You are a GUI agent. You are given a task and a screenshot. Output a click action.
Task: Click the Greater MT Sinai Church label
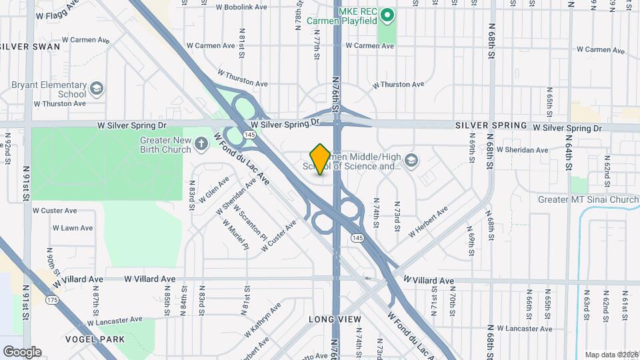point(588,199)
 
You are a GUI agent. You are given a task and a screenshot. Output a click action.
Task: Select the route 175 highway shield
point(51,301)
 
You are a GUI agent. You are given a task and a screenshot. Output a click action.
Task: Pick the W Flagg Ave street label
point(58,15)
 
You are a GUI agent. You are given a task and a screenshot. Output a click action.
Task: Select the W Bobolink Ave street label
point(241,7)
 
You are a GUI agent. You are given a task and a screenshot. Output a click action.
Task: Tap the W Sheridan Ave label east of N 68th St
point(522,150)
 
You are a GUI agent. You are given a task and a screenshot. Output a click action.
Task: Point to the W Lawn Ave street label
point(73,228)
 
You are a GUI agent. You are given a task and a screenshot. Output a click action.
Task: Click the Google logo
point(22,351)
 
